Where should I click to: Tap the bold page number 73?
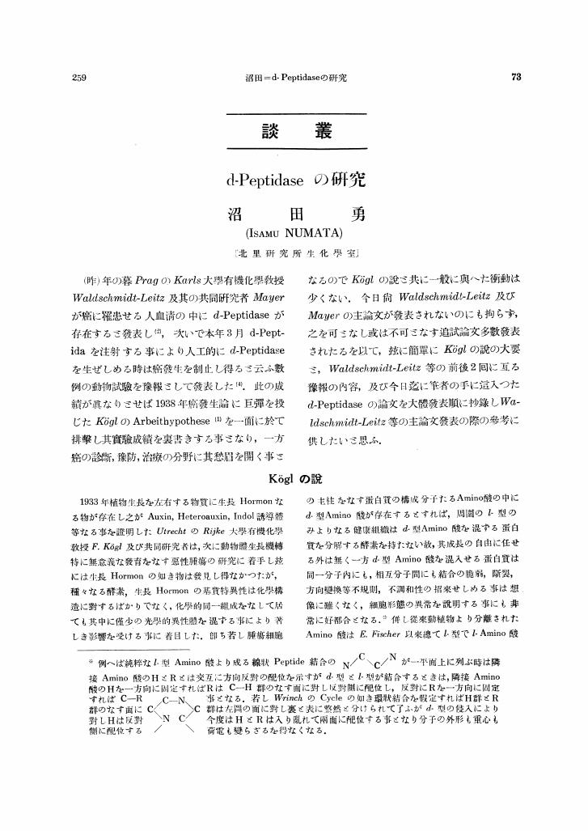coord(517,78)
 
